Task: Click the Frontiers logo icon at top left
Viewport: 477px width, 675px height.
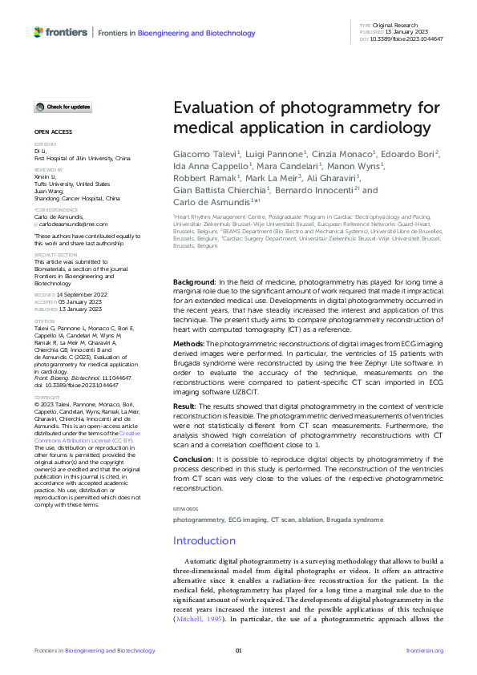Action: click(38, 31)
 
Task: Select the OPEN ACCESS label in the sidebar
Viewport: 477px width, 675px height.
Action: click(52, 131)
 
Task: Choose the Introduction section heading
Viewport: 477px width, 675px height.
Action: click(204, 541)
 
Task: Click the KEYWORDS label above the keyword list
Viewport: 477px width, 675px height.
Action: click(186, 509)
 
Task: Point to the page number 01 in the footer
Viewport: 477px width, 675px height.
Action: click(238, 650)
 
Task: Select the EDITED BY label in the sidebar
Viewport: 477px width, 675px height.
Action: click(44, 143)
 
